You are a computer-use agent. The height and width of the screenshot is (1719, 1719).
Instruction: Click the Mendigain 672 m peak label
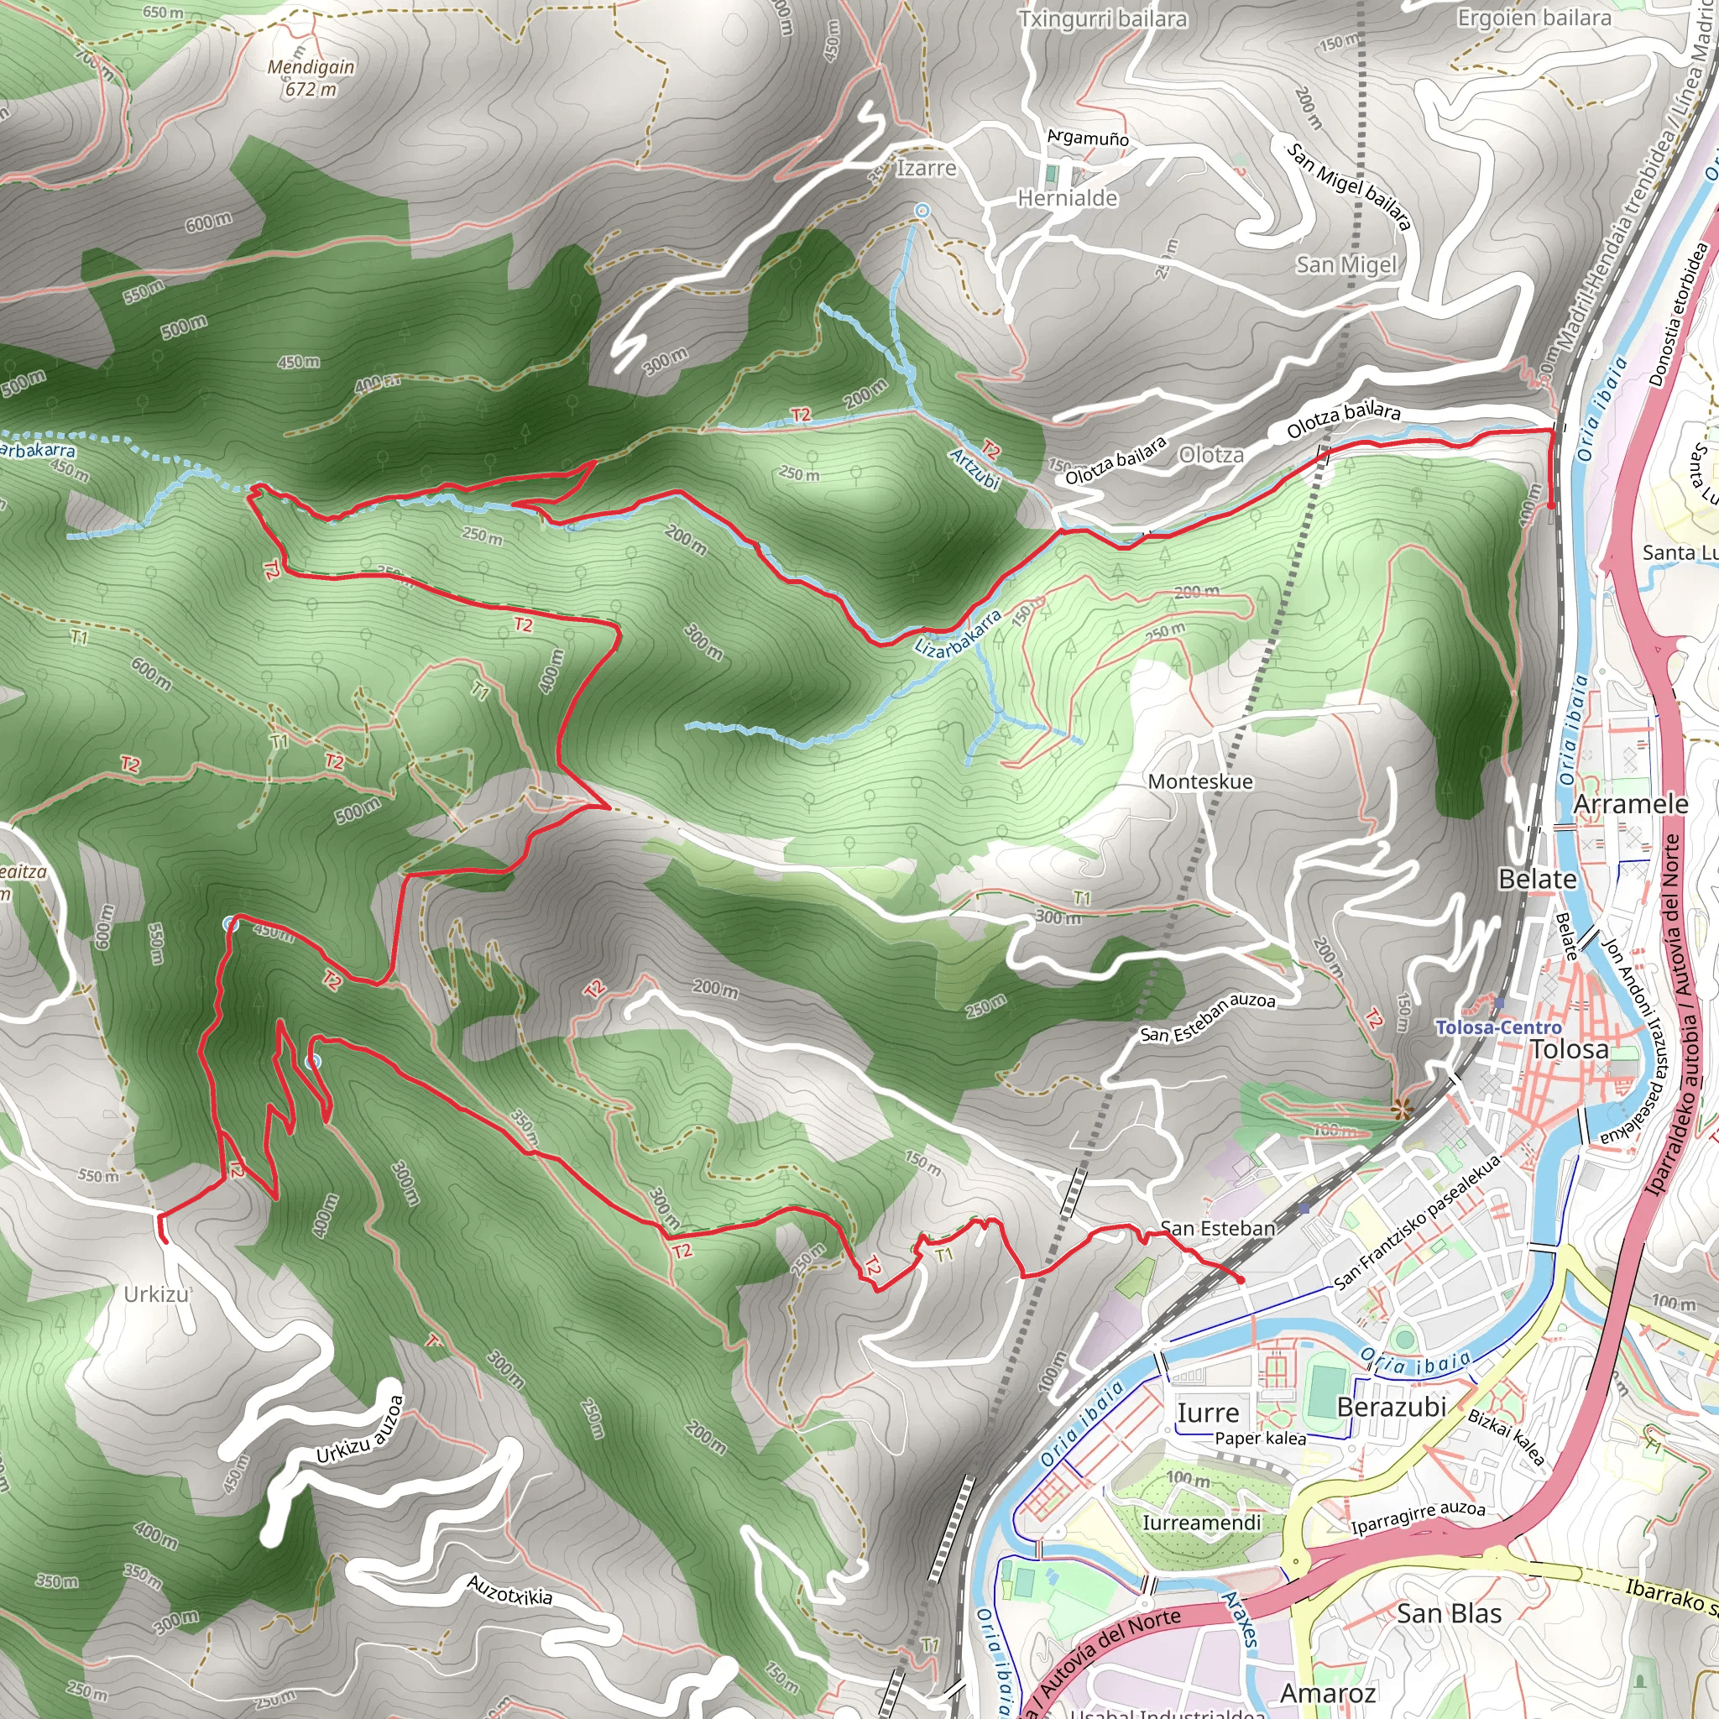pos(311,77)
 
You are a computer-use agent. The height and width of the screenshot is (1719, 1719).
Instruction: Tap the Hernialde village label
pos(1067,197)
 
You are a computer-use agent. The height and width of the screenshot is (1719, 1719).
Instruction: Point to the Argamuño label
pos(1087,138)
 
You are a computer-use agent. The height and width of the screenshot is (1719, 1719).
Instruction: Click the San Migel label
pos(1346,264)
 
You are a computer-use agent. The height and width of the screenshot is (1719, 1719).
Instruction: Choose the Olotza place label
pos(1211,455)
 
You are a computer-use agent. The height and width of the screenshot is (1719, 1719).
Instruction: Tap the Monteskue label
pos(1200,781)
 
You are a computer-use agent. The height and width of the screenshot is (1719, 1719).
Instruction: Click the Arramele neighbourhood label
pos(1631,803)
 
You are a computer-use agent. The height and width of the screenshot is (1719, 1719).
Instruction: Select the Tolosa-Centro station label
pos(1498,1027)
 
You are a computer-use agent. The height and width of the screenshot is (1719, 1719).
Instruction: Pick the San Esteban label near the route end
pos(1218,1229)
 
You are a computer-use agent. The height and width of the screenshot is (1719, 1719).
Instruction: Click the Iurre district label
pos(1207,1413)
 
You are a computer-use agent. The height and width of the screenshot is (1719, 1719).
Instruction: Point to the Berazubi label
pos(1392,1407)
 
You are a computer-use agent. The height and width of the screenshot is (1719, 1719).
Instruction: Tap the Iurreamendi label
pos(1201,1523)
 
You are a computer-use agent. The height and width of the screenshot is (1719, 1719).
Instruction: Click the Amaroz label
pos(1328,1692)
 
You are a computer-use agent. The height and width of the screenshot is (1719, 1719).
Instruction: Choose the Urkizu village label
pos(156,1293)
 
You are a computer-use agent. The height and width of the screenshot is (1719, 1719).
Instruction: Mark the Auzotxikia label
pos(509,1590)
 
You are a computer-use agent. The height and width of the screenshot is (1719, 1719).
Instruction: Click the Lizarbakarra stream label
pos(958,634)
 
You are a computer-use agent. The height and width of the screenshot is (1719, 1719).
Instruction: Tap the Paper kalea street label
pos(1260,1438)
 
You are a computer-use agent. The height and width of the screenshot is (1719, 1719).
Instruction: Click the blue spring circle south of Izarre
pos(922,211)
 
